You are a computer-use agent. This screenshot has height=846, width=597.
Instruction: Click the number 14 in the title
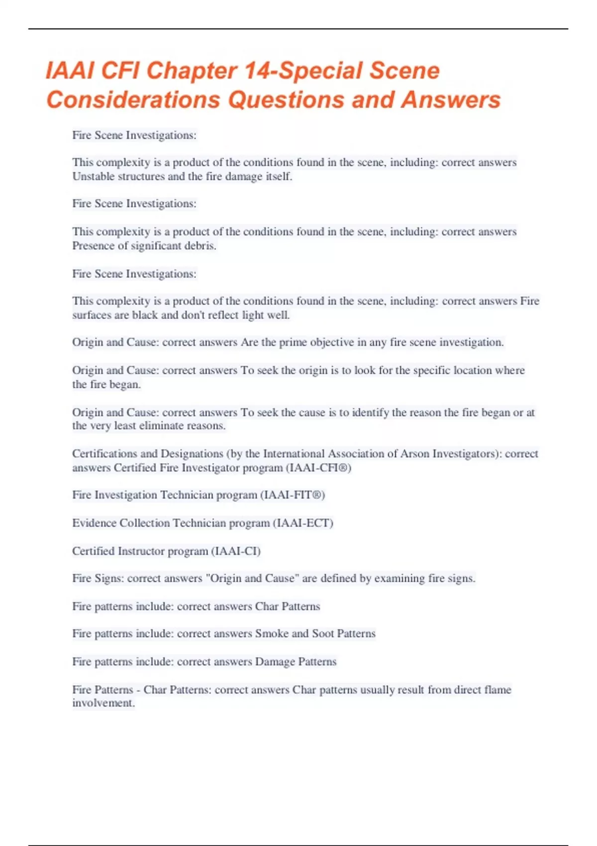(x=256, y=71)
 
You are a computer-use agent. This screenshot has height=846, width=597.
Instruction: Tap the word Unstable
(x=93, y=177)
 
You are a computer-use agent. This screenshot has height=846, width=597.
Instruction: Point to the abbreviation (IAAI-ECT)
(x=303, y=523)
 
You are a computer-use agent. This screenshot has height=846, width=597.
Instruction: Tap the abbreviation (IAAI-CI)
(x=236, y=551)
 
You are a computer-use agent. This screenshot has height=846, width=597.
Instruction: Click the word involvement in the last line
(x=102, y=703)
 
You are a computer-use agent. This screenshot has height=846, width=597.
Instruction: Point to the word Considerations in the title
(x=133, y=100)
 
